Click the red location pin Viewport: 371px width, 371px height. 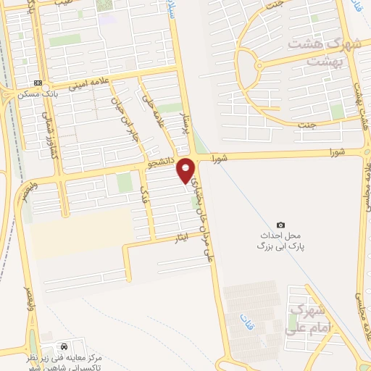coord(186,170)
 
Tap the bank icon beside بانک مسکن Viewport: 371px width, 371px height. coord(38,83)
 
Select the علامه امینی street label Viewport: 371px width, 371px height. coord(89,84)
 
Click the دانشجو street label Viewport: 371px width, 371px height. coord(162,164)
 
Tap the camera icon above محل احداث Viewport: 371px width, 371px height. coord(281,225)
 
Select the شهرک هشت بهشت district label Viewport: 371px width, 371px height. coord(324,52)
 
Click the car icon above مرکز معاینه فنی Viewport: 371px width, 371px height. coord(66,346)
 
